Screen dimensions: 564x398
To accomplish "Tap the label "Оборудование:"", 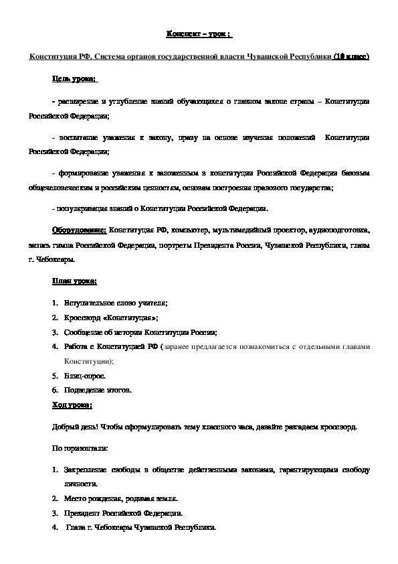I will pos(79,230).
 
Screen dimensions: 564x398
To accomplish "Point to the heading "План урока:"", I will pos(74,281).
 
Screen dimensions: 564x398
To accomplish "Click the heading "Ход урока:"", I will pos(72,405).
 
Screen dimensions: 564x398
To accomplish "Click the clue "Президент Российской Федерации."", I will pos(123,513).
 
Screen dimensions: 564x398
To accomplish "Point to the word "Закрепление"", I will pos(88,471).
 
